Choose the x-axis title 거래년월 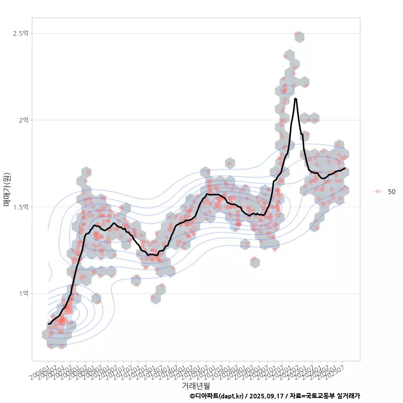196,385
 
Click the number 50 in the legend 391,191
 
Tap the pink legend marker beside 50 378,191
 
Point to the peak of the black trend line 296,99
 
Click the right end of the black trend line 345,168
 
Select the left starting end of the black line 48,324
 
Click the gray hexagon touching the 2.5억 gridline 299,37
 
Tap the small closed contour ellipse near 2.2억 287,89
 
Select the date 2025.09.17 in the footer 265,396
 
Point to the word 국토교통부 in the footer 320,396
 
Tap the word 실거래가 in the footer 348,396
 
